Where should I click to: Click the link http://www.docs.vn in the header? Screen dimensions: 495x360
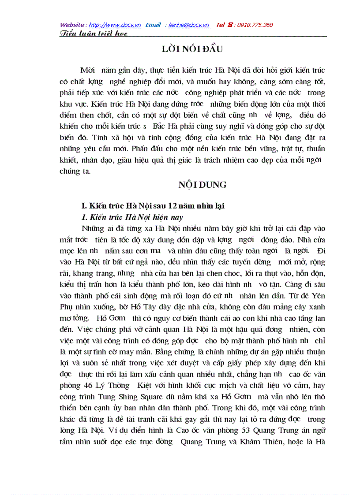(115, 25)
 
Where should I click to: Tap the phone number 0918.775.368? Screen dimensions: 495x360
(255, 25)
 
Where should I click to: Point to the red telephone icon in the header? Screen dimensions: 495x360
(229, 25)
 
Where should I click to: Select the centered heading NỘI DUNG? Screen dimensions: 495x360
(202, 185)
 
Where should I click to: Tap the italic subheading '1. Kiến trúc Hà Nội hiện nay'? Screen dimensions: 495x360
(132, 217)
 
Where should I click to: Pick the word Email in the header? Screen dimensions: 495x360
(153, 25)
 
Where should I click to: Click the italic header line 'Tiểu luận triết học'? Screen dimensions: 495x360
(94, 33)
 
